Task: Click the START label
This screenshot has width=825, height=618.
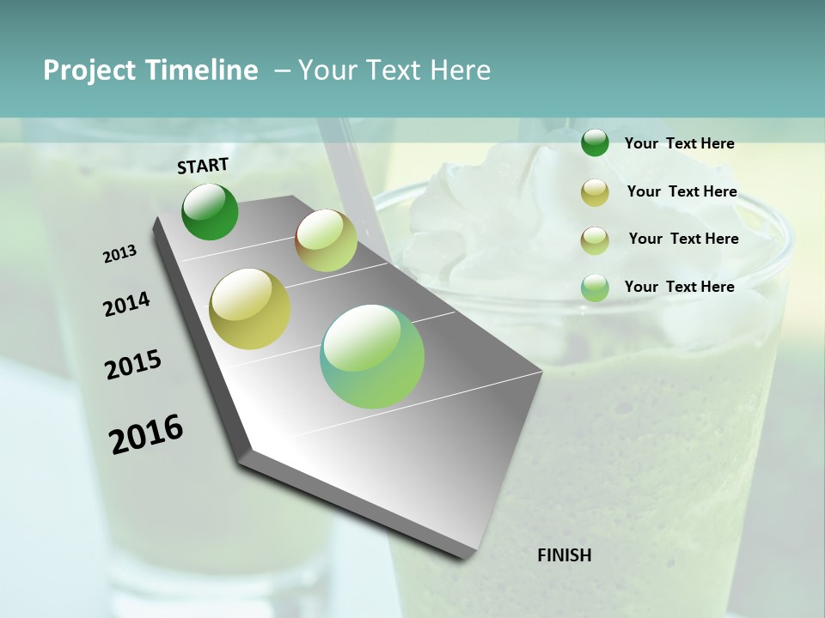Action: [203, 166]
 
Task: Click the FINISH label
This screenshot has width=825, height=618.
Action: [565, 555]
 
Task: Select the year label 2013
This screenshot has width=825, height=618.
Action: [119, 254]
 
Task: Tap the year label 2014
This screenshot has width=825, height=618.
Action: [126, 304]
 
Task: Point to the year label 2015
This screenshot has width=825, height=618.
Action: [133, 365]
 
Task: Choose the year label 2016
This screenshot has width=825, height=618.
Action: [146, 433]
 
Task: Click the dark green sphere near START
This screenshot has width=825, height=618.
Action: [210, 212]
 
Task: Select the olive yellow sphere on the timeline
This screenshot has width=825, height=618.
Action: [250, 309]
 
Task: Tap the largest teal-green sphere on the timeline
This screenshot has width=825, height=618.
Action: [372, 356]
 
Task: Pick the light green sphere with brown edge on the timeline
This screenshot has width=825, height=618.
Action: [326, 240]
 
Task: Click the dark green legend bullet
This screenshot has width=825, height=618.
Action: [595, 143]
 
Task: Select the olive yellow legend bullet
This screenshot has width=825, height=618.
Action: [595, 192]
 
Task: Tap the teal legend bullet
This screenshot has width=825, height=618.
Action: [595, 288]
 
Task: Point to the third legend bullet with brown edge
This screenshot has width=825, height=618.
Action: [595, 239]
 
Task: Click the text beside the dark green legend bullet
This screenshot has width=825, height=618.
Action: [679, 143]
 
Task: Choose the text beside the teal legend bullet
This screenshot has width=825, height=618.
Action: [679, 287]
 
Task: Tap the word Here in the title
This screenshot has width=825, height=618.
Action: [460, 70]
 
